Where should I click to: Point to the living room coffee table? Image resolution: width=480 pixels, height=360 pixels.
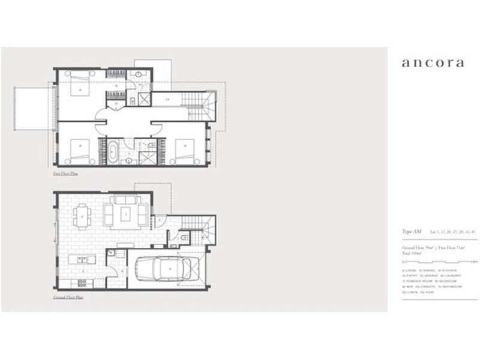126,212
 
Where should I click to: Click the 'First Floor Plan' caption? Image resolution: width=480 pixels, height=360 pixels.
65,173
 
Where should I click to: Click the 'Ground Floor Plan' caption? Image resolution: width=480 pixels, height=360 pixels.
68,296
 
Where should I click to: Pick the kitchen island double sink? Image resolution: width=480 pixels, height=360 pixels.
84,259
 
